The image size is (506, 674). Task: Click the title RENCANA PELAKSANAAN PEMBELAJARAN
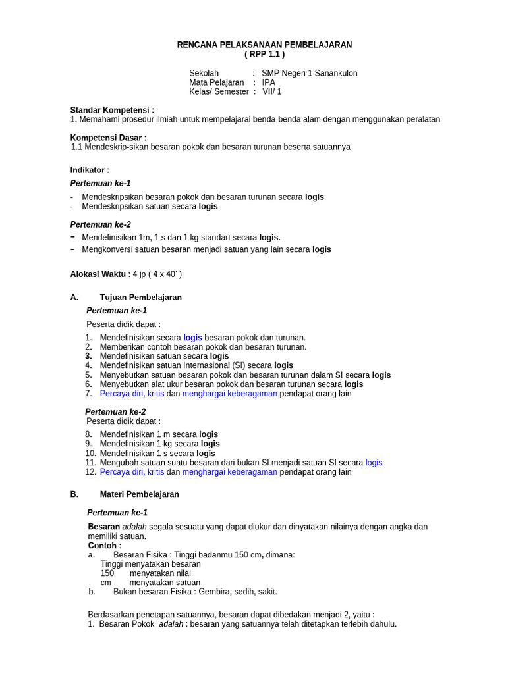point(264,45)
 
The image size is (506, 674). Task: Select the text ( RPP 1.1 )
point(264,55)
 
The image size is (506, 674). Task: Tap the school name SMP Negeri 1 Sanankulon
point(309,73)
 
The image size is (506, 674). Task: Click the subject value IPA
point(268,82)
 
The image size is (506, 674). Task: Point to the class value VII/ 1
point(271,91)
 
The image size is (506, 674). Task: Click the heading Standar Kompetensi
point(112,110)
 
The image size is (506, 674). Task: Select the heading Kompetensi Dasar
point(108,138)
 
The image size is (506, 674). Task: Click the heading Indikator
point(90,170)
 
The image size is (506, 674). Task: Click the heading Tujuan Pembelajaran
point(140,298)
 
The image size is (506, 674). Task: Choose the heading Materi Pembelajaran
point(139,494)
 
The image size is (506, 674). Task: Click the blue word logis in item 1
point(192,338)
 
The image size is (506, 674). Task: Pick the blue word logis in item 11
point(374,463)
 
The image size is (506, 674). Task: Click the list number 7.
point(88,394)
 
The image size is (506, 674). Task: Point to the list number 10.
point(91,454)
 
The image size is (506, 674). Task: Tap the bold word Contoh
point(104,546)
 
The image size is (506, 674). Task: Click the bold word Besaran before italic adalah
point(104,527)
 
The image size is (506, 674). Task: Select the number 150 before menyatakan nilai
point(107,573)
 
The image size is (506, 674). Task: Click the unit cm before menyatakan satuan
point(105,583)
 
